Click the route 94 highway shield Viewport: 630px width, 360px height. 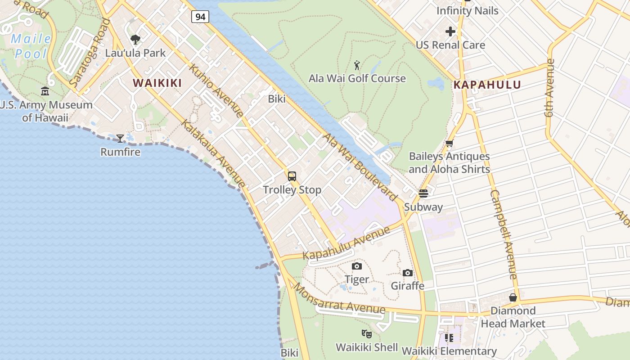pyautogui.click(x=200, y=17)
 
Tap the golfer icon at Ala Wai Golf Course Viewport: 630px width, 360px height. pyautogui.click(x=357, y=65)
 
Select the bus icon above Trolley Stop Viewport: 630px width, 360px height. pyautogui.click(x=292, y=176)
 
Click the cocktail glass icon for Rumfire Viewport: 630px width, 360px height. pyautogui.click(x=120, y=139)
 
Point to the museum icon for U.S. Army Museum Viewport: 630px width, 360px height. pyautogui.click(x=45, y=91)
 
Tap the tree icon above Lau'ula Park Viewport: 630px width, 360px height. pyautogui.click(x=135, y=40)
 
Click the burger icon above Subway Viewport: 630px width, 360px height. pyautogui.click(x=423, y=193)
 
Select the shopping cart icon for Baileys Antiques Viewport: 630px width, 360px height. pyautogui.click(x=449, y=144)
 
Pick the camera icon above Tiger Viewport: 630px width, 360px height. pyautogui.click(x=357, y=266)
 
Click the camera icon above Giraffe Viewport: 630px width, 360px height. pyautogui.click(x=407, y=273)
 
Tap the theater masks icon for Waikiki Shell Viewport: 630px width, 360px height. pyautogui.click(x=367, y=334)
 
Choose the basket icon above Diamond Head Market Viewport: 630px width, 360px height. pyautogui.click(x=513, y=297)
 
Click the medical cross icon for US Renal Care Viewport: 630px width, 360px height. pyautogui.click(x=450, y=31)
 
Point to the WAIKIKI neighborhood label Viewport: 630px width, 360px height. pyautogui.click(x=157, y=83)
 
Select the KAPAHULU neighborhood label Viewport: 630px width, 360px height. pyautogui.click(x=487, y=85)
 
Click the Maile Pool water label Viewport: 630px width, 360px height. pyautogui.click(x=31, y=46)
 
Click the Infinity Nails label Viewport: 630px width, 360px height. pyautogui.click(x=468, y=10)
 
